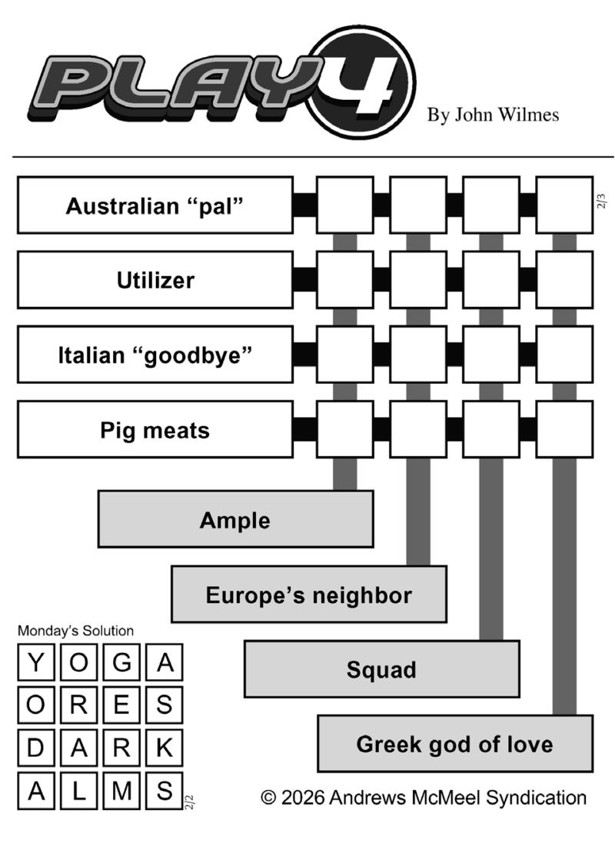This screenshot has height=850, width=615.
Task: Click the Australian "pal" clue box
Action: point(155,205)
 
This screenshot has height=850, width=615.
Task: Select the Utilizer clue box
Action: point(155,280)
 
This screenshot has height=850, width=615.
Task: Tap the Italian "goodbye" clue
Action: point(155,355)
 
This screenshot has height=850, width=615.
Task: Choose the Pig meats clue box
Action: point(155,429)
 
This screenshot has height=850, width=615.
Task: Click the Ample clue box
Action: point(236,519)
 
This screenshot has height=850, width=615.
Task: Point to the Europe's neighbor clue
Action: point(309,594)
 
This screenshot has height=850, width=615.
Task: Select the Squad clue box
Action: point(382,669)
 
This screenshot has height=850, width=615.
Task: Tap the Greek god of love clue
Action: point(455,744)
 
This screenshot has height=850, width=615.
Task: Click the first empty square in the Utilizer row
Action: point(345,280)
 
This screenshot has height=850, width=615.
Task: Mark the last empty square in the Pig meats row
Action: point(564,429)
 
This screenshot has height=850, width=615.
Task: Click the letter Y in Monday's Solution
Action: point(36,662)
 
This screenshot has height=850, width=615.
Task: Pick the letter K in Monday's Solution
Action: point(165,748)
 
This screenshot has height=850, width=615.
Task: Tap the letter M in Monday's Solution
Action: point(122,791)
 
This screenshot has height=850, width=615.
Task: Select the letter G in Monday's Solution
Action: point(122,662)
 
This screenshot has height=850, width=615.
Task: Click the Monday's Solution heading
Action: point(75,631)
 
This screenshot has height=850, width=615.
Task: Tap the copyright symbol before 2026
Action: point(268,798)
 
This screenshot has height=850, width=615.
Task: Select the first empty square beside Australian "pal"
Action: point(345,205)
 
